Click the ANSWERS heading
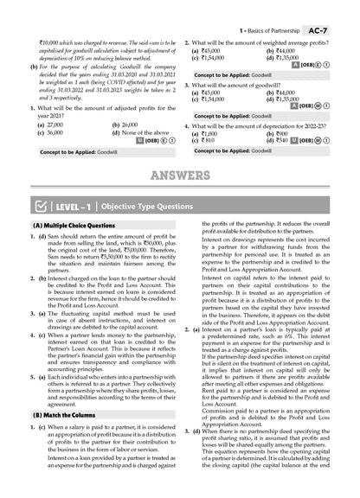pos(180,178)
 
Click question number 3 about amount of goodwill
pos(188,86)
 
